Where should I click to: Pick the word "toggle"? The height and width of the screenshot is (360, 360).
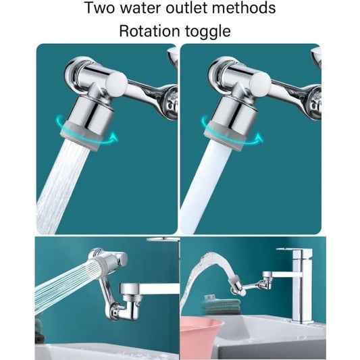click(210, 32)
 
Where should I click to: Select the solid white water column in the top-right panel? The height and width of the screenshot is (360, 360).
click(203, 189)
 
